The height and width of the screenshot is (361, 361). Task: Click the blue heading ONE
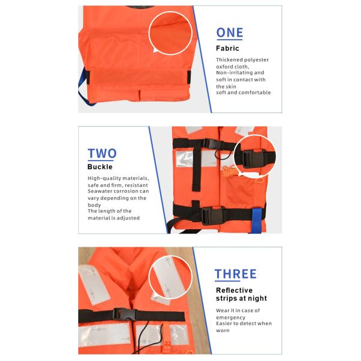tap(230, 32)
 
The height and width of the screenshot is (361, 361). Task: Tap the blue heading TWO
tap(102, 153)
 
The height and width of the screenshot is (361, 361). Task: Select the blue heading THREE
tap(235, 274)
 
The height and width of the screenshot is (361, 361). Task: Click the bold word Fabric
tap(227, 48)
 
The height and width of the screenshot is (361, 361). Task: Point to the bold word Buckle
tap(100, 167)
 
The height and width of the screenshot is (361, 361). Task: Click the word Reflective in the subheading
tap(234, 290)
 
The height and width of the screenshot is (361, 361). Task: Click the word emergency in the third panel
tap(230, 318)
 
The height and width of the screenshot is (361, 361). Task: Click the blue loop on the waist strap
tap(257, 220)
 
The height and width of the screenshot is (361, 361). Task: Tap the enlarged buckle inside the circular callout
tap(253, 159)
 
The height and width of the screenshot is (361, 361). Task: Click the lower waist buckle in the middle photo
tap(212, 216)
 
